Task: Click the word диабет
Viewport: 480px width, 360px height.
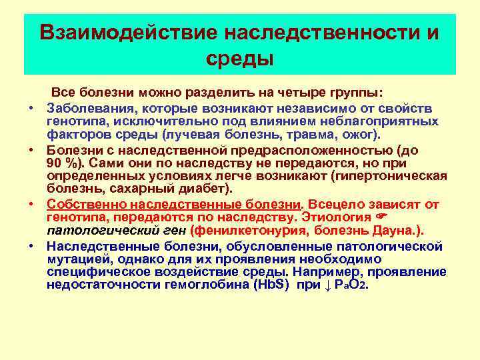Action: click(203, 188)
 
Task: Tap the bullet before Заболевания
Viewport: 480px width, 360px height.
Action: click(31, 108)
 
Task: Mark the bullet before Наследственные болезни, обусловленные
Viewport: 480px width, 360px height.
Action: click(31, 246)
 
